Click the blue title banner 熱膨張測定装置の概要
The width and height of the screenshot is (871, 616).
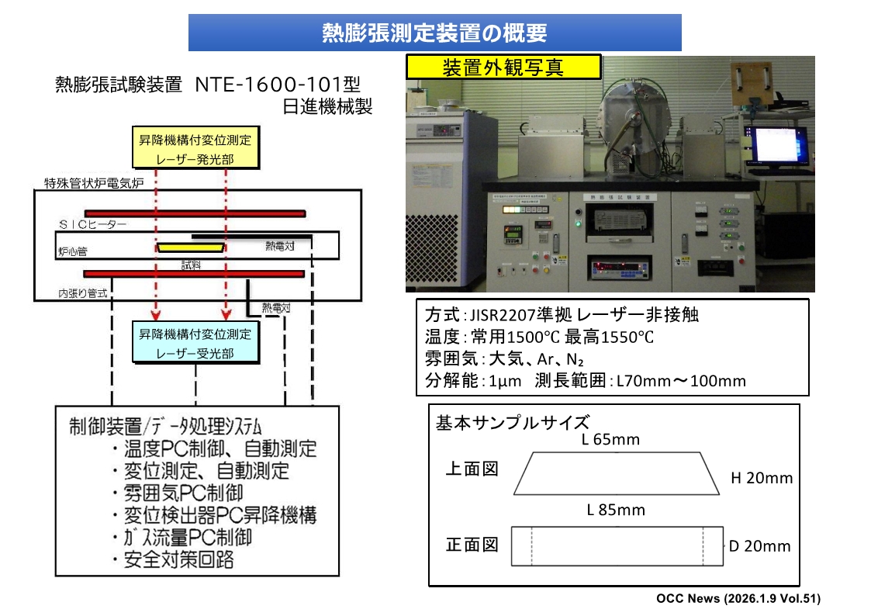434,33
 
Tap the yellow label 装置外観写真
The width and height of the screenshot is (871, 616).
503,67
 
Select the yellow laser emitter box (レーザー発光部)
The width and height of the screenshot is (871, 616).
195,150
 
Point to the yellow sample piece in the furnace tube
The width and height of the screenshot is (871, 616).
190,247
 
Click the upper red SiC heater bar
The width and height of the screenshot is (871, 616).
194,213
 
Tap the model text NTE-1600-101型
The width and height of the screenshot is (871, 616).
278,84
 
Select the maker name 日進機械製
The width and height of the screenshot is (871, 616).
327,106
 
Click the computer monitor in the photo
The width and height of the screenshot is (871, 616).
775,145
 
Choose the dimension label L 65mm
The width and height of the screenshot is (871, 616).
610,440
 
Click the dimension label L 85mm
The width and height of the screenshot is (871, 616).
615,510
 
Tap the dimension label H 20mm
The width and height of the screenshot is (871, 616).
762,478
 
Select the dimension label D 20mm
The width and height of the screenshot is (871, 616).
759,546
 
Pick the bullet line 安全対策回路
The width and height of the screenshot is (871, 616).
178,559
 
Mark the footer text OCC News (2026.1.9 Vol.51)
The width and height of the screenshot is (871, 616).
738,598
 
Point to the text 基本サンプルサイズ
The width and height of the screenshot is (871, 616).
513,423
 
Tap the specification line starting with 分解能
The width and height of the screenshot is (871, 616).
585,380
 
